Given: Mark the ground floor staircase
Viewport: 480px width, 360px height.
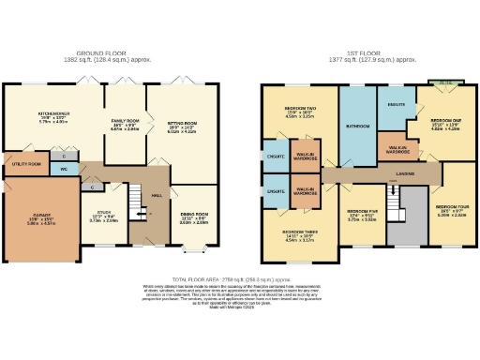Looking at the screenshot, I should (137, 200).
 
